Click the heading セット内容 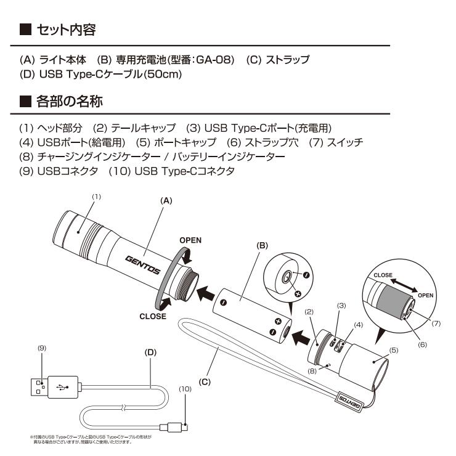(x=65, y=28)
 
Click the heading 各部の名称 (x=65, y=100)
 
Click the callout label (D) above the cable (x=152, y=353)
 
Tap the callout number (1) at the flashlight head (x=96, y=196)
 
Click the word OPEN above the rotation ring (x=190, y=239)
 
